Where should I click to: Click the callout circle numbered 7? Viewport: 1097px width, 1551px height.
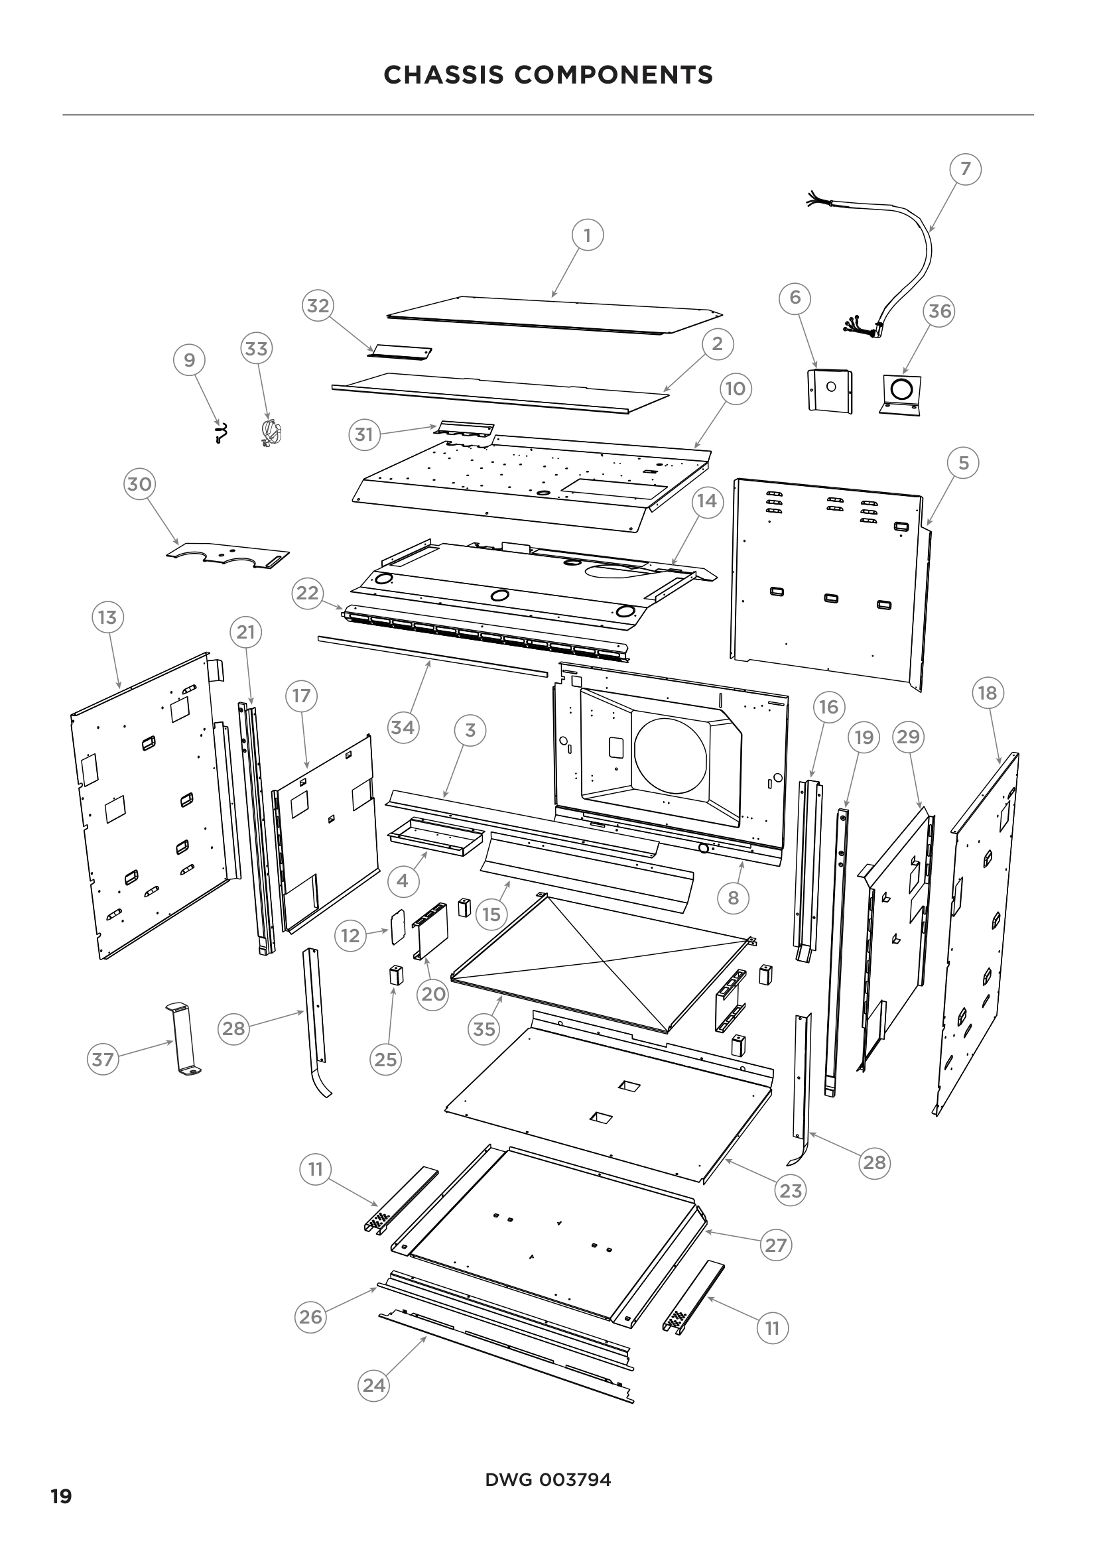coord(965,168)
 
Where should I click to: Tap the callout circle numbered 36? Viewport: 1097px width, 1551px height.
coord(940,312)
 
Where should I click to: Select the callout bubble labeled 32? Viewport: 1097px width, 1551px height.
coord(318,306)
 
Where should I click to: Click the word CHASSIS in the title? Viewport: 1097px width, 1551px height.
coord(443,75)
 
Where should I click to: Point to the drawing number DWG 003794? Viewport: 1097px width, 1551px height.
coord(548,1480)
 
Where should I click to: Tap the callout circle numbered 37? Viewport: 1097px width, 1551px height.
coord(103,1059)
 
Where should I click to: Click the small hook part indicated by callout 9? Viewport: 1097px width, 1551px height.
coord(220,433)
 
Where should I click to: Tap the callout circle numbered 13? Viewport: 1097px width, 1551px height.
coord(107,617)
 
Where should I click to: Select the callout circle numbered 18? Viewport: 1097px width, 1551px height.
coord(988,693)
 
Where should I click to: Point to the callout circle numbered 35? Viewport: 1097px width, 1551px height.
coord(484,1030)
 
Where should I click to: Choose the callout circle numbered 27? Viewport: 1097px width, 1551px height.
coord(775,1245)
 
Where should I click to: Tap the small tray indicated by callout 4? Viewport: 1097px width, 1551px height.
coord(436,836)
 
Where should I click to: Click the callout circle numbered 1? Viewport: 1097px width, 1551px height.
coord(587,236)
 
